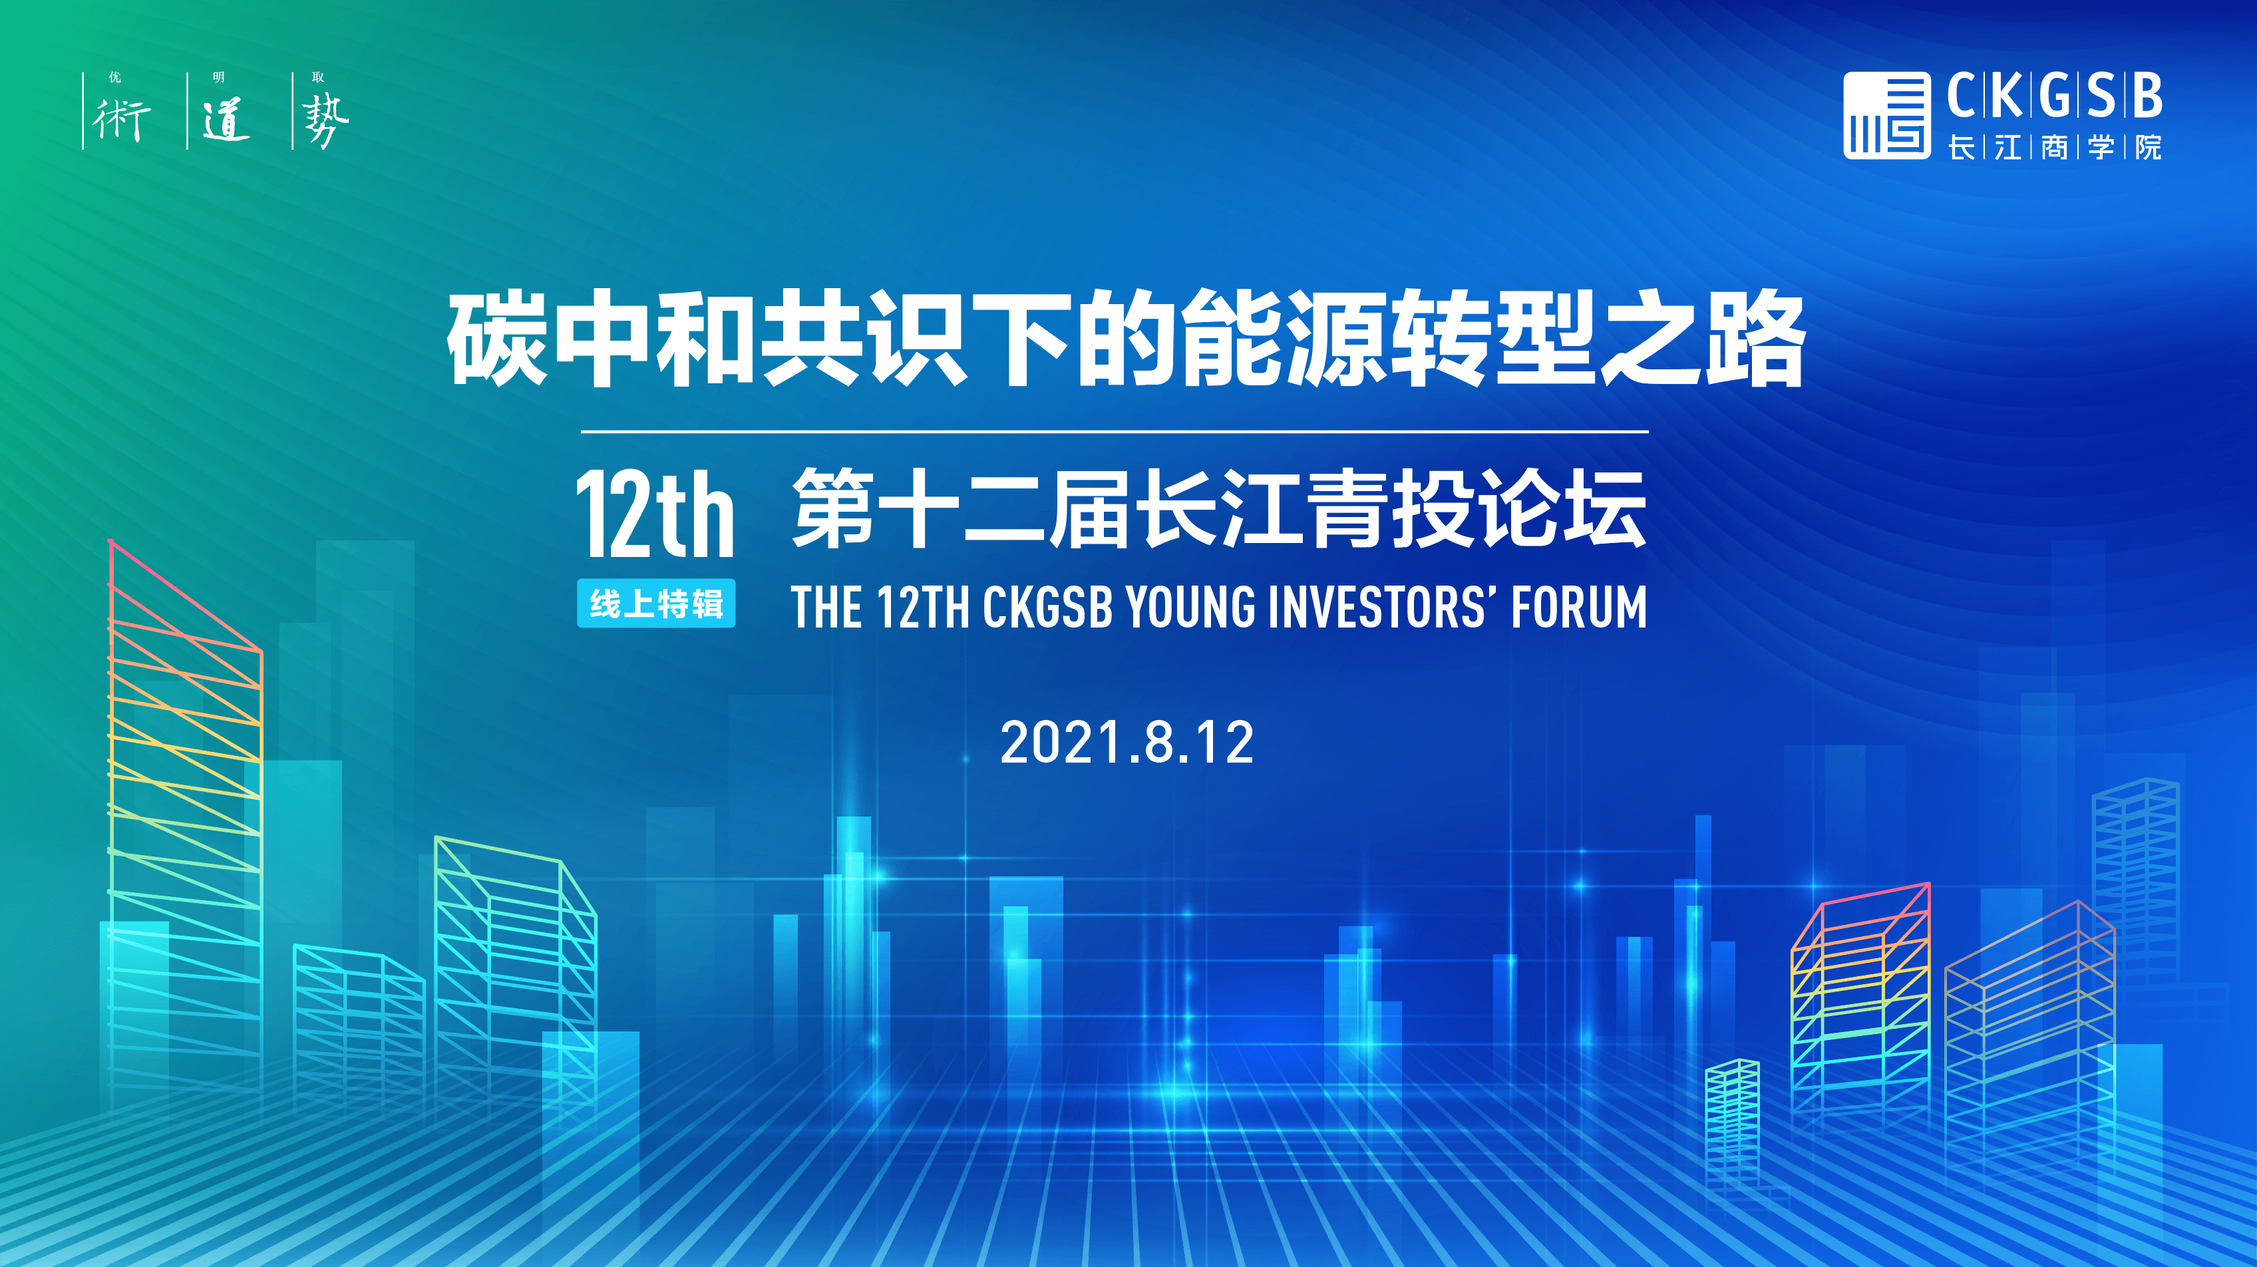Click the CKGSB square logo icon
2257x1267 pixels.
tap(1886, 114)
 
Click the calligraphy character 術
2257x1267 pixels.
tap(121, 120)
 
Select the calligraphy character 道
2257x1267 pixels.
tap(226, 120)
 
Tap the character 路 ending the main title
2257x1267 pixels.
tap(1755, 339)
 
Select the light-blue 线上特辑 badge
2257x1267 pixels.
tap(655, 604)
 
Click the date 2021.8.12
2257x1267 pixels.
tap(1127, 743)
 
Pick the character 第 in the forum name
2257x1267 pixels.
tap(833, 508)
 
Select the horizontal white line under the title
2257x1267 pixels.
tap(1115, 432)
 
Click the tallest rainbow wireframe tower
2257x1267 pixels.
tap(185, 824)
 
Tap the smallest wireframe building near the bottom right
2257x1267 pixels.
tap(1732, 1121)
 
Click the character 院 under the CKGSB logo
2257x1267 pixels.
tap(2147, 147)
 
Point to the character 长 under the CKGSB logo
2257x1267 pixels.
tap(1961, 147)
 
